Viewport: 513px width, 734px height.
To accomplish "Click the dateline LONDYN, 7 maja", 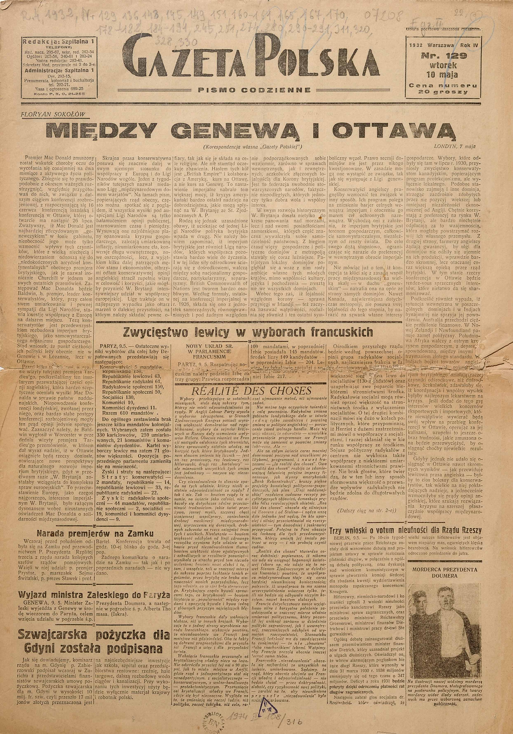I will [454, 146].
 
